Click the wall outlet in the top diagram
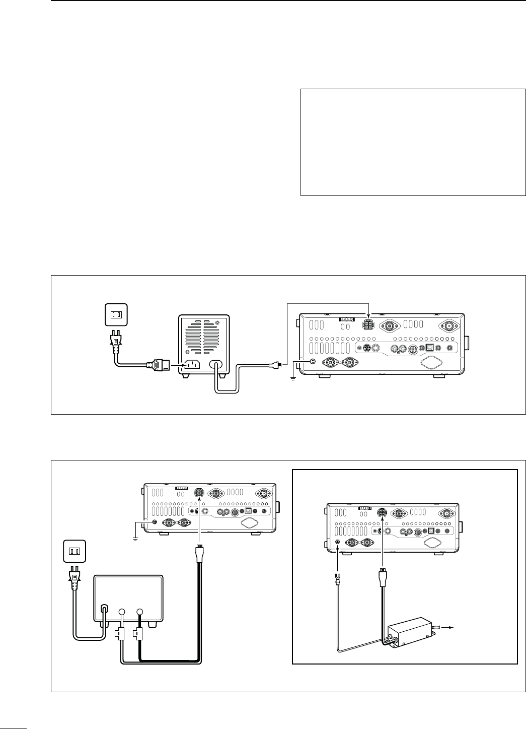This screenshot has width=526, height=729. pos(116,314)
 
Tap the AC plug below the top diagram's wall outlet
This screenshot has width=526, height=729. pos(116,343)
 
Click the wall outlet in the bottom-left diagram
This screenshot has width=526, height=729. pos(74,551)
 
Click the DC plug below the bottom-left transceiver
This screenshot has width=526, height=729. pos(199,550)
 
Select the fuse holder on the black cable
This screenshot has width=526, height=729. pos(136,633)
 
